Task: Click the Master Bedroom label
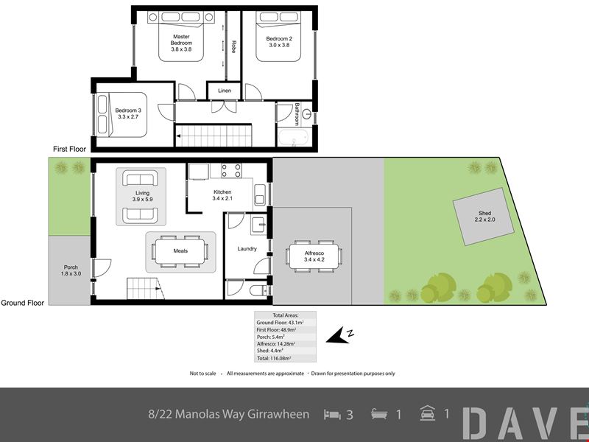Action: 181,40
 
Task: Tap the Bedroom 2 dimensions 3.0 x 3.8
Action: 279,45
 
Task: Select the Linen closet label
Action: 225,91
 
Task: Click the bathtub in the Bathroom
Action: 293,137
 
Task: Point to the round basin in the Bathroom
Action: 307,114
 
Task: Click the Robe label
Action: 233,46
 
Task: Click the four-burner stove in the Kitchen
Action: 231,171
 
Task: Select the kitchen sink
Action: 260,194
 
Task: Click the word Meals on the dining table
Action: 180,250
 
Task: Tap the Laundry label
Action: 247,248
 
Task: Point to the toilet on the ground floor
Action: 258,290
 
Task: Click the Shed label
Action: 484,213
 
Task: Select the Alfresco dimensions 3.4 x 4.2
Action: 314,259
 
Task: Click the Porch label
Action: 71,267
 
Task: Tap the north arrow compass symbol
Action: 339,335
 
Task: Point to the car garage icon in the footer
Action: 428,413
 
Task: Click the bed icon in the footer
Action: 332,415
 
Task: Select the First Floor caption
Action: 69,149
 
